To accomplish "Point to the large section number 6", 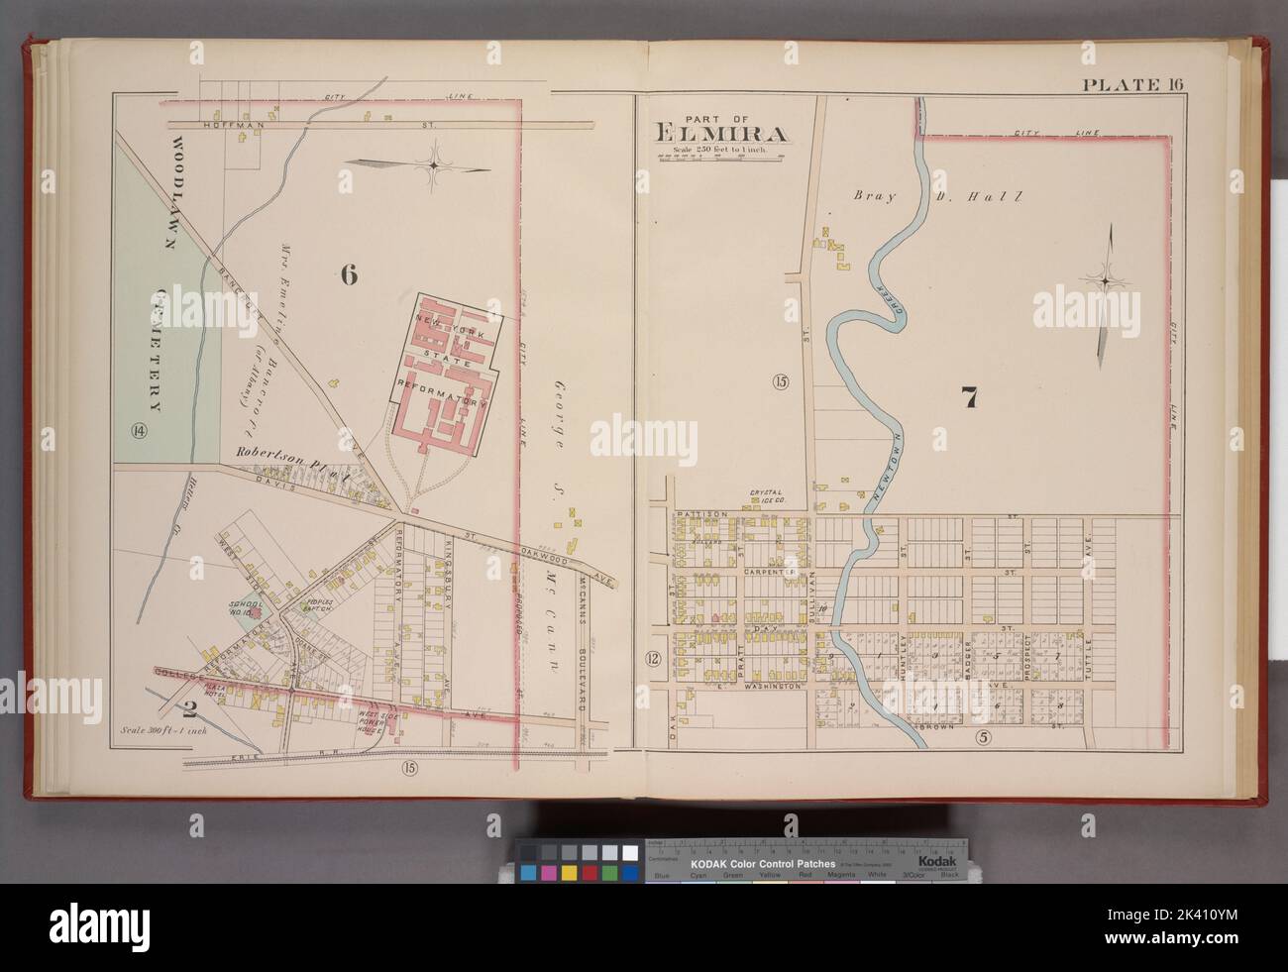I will coord(348,276).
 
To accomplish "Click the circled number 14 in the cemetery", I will coord(137,430).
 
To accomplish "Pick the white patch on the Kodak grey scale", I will coord(628,852).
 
